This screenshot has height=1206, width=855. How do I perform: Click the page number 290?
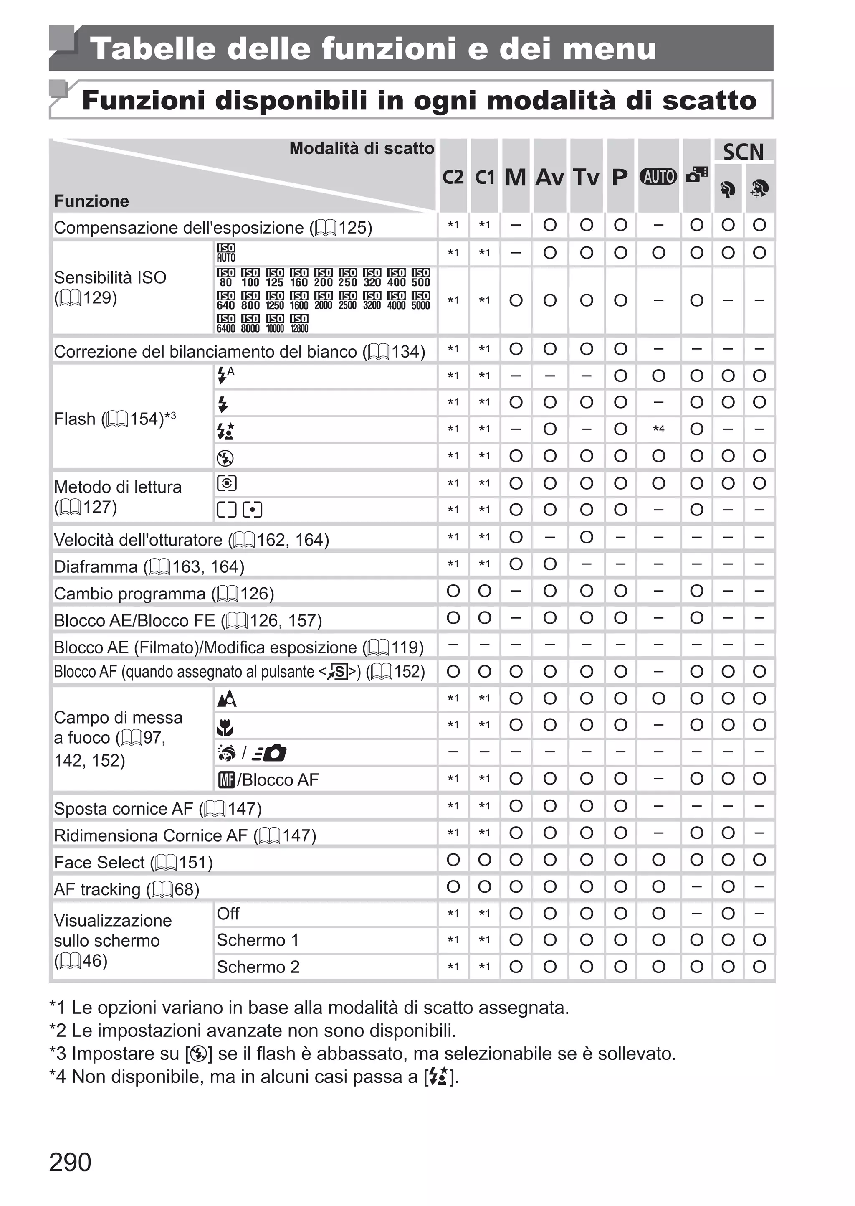click(70, 1162)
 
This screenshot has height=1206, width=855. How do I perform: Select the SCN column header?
click(743, 152)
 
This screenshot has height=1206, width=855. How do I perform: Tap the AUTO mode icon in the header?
click(658, 176)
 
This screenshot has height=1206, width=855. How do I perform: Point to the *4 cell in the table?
click(658, 429)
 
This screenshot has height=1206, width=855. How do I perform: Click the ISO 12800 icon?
click(299, 323)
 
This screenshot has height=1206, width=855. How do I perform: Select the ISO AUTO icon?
click(226, 253)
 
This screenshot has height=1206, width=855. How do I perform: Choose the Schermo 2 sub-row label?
click(258, 967)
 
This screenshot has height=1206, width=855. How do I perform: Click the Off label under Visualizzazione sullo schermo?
click(228, 914)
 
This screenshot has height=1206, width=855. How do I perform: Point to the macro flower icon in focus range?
click(225, 727)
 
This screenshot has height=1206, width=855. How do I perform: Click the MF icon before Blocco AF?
click(226, 779)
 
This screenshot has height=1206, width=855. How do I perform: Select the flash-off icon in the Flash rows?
click(225, 458)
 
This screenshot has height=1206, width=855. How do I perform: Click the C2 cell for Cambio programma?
click(453, 591)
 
